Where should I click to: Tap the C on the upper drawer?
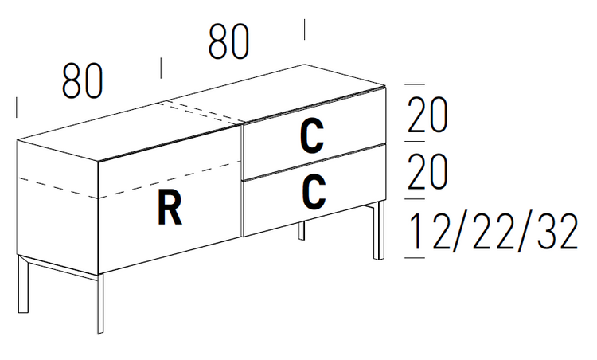pyautogui.click(x=312, y=135)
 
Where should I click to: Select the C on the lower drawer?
pyautogui.click(x=313, y=191)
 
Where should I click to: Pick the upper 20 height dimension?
pyautogui.click(x=427, y=117)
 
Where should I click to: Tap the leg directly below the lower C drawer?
pyautogui.click(x=301, y=232)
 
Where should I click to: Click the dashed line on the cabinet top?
pyautogui.click(x=203, y=112)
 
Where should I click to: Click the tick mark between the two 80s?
pyautogui.click(x=162, y=68)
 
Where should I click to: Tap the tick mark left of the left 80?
pyautogui.click(x=17, y=108)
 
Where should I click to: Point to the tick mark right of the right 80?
pyautogui.click(x=305, y=29)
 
